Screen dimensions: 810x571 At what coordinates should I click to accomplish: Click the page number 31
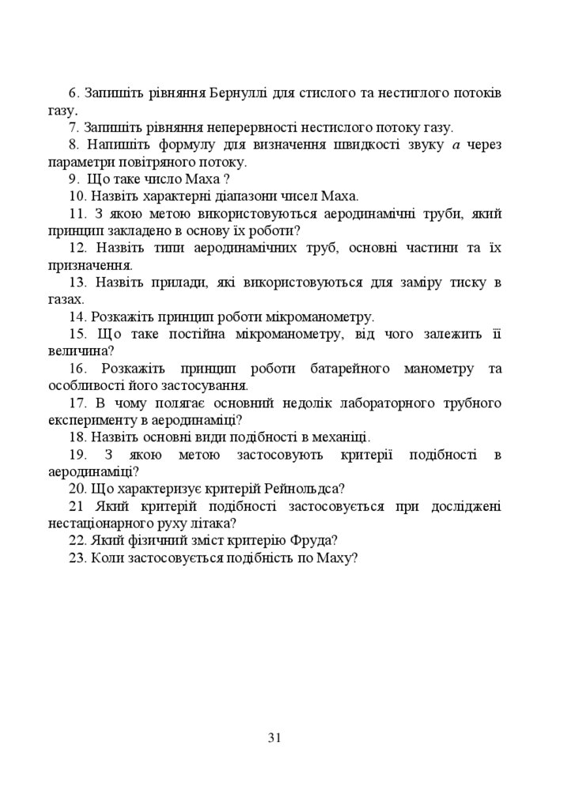tap(275, 738)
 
